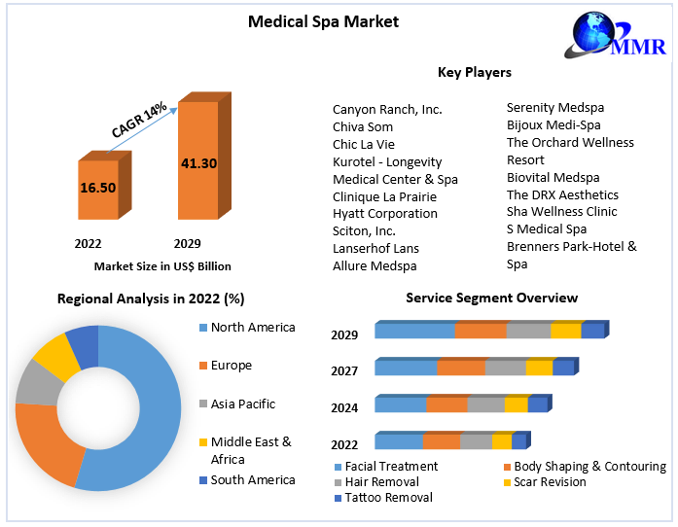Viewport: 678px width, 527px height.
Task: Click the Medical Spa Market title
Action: pos(309,20)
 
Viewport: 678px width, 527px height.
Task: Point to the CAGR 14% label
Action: pos(139,119)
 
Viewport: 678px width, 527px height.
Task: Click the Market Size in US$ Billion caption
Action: pos(162,265)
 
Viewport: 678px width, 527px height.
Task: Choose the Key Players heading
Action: pos(475,72)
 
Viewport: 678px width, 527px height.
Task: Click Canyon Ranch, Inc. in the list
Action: pos(387,109)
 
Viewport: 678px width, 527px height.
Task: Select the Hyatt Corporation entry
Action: pos(385,213)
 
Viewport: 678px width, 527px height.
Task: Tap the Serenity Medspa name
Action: pos(555,107)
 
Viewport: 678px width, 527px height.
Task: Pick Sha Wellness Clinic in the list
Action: pos(561,211)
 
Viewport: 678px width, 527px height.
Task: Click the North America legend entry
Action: pos(252,328)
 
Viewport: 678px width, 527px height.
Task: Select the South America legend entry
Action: pos(252,479)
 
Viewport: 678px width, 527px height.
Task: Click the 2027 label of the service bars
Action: pos(344,370)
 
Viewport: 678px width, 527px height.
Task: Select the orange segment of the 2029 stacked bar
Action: pos(481,331)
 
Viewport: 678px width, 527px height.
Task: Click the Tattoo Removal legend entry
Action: pos(389,497)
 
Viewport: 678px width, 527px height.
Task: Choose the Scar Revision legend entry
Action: pos(550,481)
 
